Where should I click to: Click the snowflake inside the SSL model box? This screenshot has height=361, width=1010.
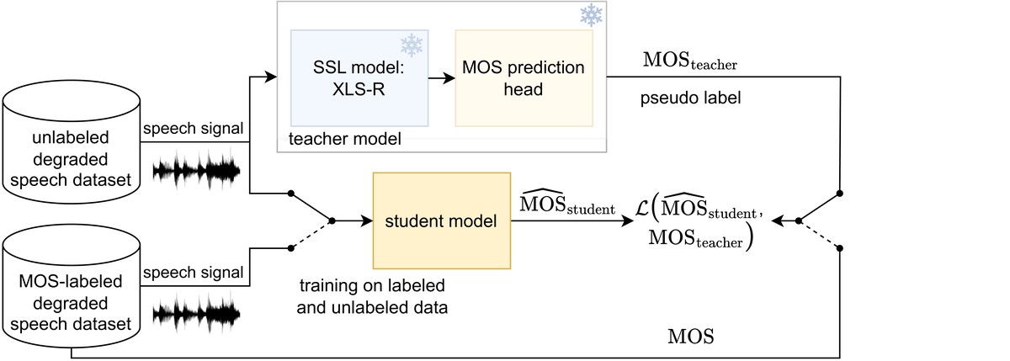[x=411, y=45]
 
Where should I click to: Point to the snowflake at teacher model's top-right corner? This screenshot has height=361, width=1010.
[x=592, y=15]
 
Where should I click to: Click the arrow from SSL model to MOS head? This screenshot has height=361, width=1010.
[x=441, y=77]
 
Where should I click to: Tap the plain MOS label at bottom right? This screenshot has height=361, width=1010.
[x=690, y=337]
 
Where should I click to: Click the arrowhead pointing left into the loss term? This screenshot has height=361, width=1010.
[x=779, y=220]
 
